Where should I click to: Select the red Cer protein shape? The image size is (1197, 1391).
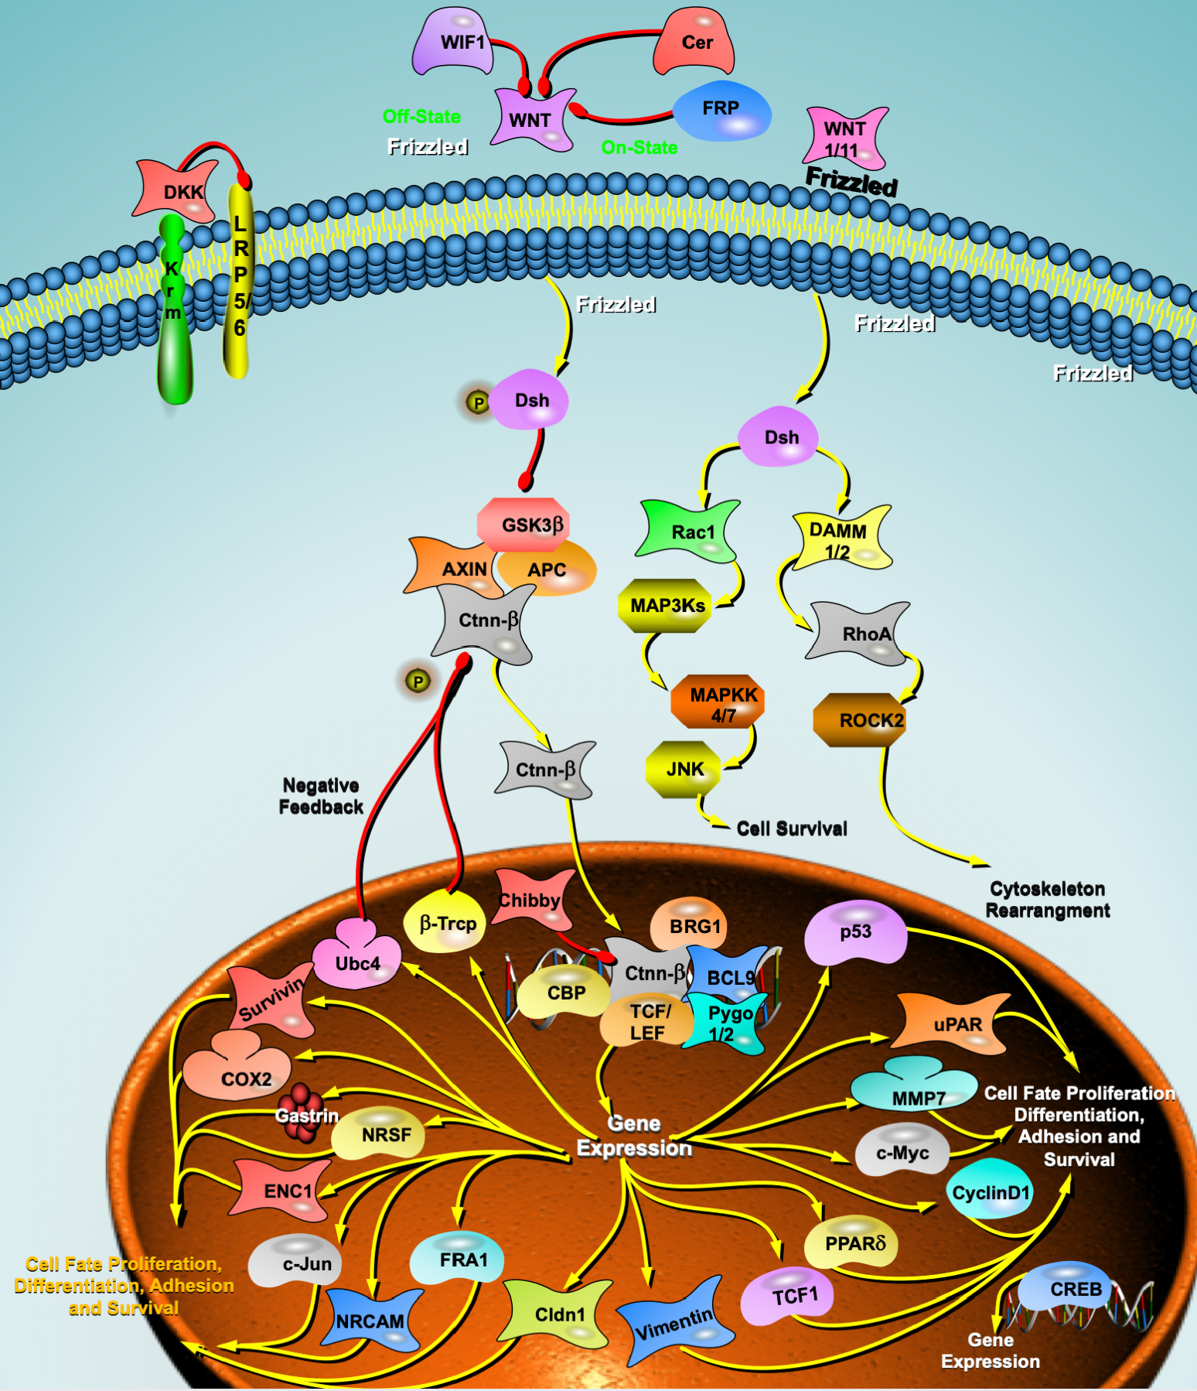coord(694,43)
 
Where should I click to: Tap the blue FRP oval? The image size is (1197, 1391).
coord(722,110)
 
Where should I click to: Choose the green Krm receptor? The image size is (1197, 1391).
coord(173,309)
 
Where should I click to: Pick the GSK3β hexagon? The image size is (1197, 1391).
coord(524,525)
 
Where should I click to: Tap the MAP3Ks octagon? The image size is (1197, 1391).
coord(666,606)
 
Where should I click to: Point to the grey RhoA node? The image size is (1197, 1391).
coord(860,634)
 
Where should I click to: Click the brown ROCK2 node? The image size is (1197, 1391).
coord(861,720)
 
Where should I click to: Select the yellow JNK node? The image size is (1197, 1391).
coord(684,769)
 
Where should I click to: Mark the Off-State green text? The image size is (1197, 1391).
coord(421,117)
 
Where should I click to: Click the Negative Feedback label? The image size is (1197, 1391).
coord(321,796)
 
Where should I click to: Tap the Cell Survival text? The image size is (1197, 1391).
coord(791,829)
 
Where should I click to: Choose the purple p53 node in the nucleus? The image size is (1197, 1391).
coord(855,932)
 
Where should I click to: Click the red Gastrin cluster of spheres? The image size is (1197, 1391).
coord(301,1112)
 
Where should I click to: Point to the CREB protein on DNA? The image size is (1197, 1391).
coord(1071,1290)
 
